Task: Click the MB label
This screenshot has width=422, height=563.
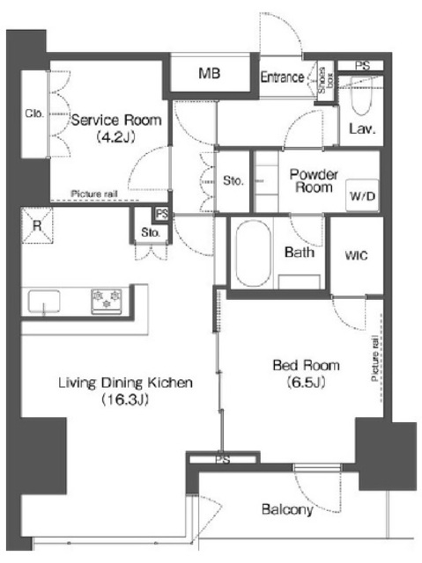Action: [210, 73]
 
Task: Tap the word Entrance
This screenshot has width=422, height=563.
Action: [283, 77]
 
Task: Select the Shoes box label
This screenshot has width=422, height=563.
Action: [326, 81]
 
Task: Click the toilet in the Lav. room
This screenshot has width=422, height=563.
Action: [361, 96]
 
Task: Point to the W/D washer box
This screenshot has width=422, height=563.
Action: [362, 194]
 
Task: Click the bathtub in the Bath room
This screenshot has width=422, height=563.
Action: [253, 253]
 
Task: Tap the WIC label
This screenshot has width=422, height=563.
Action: [356, 255]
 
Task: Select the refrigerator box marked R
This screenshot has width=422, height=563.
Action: [37, 226]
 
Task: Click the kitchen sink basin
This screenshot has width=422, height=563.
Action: [44, 301]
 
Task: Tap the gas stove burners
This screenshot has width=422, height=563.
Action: [107, 300]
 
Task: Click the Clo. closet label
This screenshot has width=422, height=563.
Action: [34, 113]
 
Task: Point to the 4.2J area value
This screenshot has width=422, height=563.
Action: [115, 137]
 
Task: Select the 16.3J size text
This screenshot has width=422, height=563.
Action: [125, 399]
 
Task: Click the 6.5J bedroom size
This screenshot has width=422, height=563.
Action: [307, 382]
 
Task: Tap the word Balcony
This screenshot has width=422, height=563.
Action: [287, 509]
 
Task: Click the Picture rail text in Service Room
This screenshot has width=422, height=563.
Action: [94, 194]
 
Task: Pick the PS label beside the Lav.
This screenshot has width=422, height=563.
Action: [362, 66]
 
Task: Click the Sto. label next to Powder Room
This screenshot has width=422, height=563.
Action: [233, 180]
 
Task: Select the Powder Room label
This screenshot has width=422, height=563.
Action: [314, 180]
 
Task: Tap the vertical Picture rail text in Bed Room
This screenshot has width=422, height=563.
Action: [374, 358]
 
